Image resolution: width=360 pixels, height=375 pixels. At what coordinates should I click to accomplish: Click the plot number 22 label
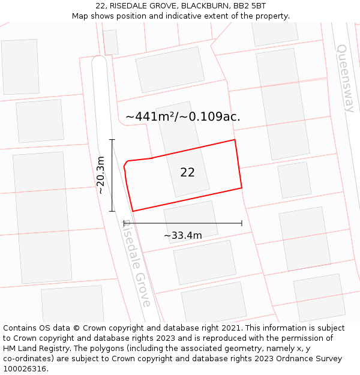[x=187, y=173]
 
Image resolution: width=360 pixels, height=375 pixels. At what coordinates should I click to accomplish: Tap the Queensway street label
[x=346, y=78]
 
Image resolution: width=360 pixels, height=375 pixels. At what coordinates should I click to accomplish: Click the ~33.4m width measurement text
[x=182, y=235]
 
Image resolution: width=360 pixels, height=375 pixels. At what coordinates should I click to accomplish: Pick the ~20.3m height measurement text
[x=101, y=175]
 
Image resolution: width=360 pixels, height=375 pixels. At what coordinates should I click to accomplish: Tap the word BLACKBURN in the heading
[x=203, y=6]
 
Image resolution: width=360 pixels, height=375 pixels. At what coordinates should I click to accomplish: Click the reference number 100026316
[x=25, y=368]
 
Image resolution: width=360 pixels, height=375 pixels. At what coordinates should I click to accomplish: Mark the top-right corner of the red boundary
[x=235, y=140]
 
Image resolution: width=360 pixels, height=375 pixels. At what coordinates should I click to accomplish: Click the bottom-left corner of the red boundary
[x=133, y=211]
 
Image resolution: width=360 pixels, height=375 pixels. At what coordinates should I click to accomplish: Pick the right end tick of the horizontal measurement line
[x=242, y=223]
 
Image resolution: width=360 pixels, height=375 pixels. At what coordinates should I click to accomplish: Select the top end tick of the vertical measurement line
[x=112, y=140]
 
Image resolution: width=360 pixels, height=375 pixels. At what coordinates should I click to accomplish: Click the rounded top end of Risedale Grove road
[x=99, y=61]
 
